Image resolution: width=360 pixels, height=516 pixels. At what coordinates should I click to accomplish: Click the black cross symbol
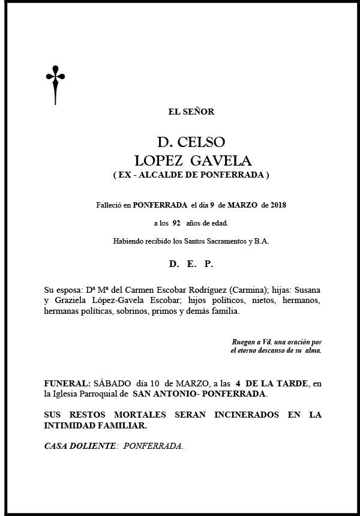click(55, 83)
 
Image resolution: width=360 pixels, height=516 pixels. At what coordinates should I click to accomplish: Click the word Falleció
click(109, 205)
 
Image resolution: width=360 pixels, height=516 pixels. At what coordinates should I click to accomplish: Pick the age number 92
click(176, 223)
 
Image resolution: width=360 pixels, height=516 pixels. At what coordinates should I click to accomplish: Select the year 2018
click(278, 205)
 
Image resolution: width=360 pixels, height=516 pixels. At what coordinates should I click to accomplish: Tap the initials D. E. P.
click(191, 264)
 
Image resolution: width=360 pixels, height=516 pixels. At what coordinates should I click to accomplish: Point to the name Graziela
click(73, 301)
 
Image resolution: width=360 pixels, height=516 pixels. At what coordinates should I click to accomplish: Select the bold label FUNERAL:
click(67, 382)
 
